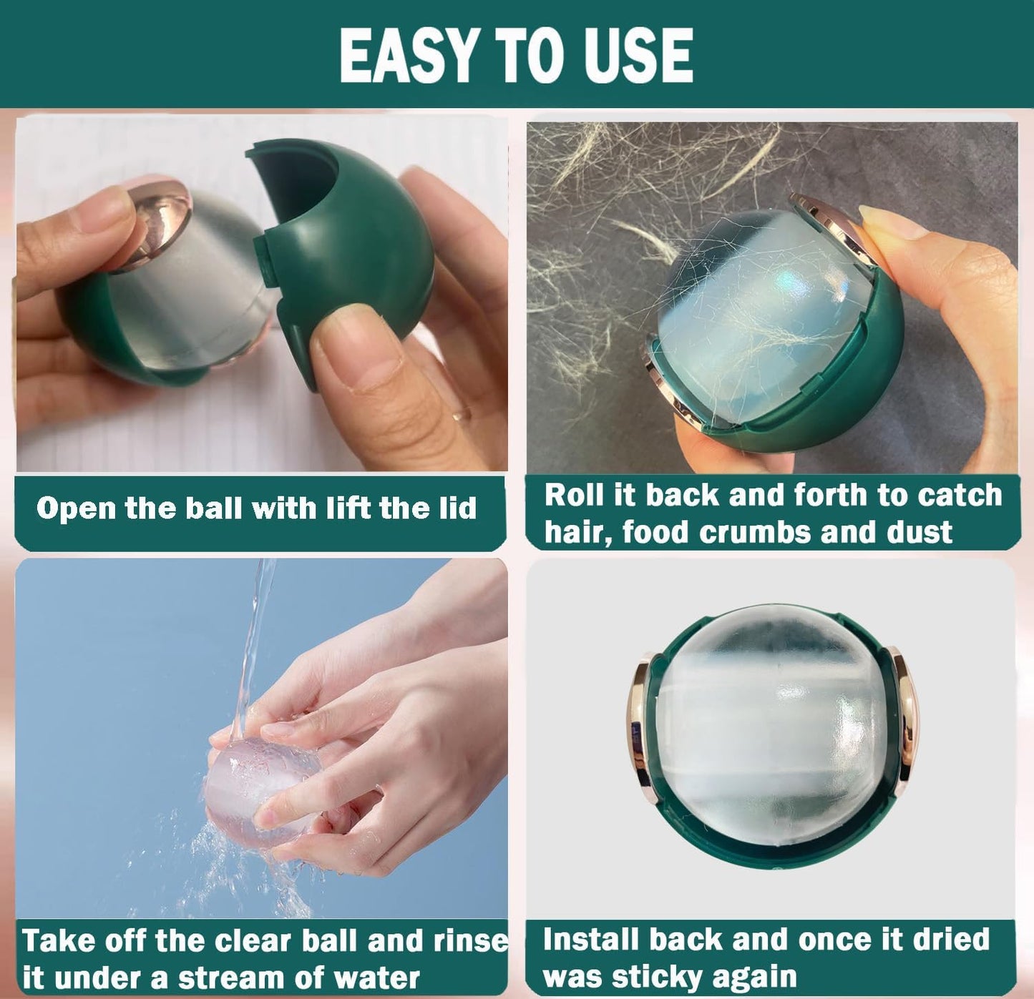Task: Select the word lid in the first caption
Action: (x=457, y=508)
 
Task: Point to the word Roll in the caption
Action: (x=573, y=495)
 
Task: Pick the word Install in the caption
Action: (x=590, y=939)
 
